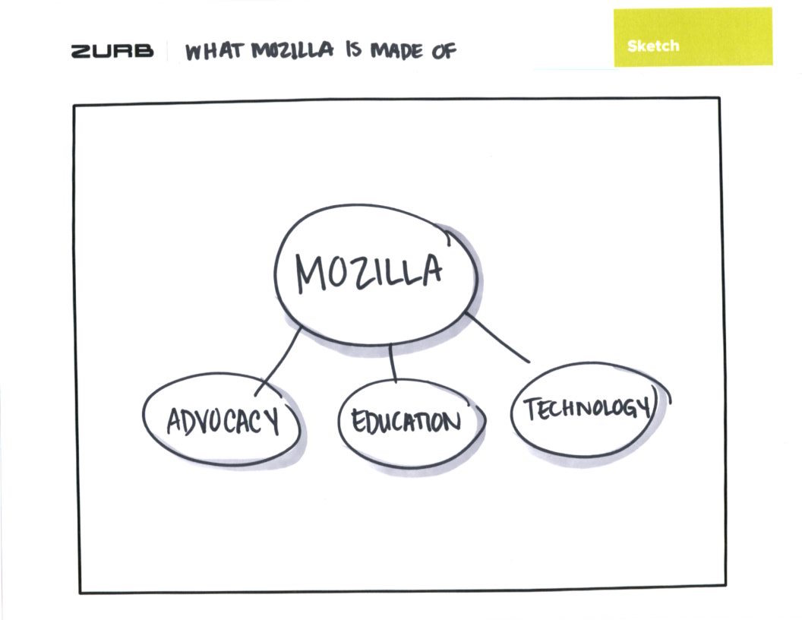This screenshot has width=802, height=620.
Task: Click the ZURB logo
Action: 112,52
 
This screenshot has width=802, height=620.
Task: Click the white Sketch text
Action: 653,46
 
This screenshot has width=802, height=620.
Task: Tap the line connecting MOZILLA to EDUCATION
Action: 393,362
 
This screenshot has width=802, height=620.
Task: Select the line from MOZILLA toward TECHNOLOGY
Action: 497,338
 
